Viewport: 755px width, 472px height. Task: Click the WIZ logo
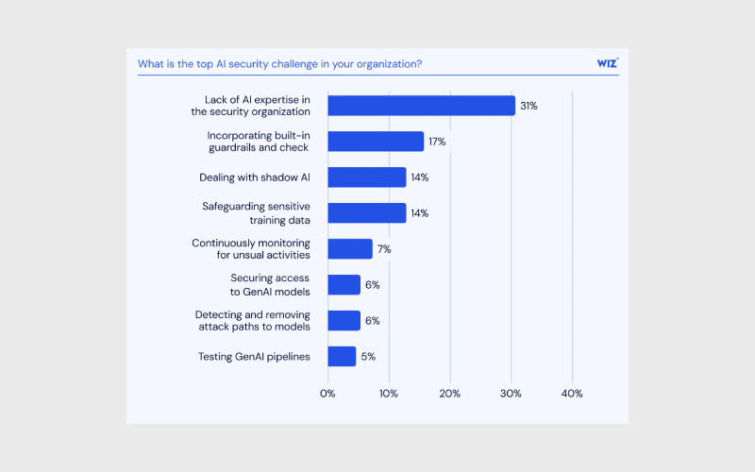[607, 64]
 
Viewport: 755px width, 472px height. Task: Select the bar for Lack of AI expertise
[421, 106]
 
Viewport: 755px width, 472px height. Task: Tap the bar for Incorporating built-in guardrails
[376, 142]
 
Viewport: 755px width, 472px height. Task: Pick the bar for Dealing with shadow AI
[367, 177]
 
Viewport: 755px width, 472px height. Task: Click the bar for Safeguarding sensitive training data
[367, 213]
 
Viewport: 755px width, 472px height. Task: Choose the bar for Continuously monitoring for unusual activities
[350, 249]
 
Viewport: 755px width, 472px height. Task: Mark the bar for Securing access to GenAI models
[344, 285]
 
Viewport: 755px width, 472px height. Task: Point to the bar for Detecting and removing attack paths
[344, 321]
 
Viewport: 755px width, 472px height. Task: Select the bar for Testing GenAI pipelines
[342, 357]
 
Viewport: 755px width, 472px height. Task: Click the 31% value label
[528, 106]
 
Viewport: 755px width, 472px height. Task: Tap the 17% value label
[437, 142]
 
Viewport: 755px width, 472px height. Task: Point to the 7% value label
[384, 249]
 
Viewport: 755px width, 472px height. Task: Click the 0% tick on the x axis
[327, 393]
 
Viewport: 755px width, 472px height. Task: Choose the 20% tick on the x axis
[449, 393]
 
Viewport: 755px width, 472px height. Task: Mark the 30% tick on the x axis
[511, 393]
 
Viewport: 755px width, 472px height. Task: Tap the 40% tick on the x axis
[572, 393]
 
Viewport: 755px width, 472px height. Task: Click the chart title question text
[279, 64]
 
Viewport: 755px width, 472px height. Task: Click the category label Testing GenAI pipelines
[254, 357]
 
